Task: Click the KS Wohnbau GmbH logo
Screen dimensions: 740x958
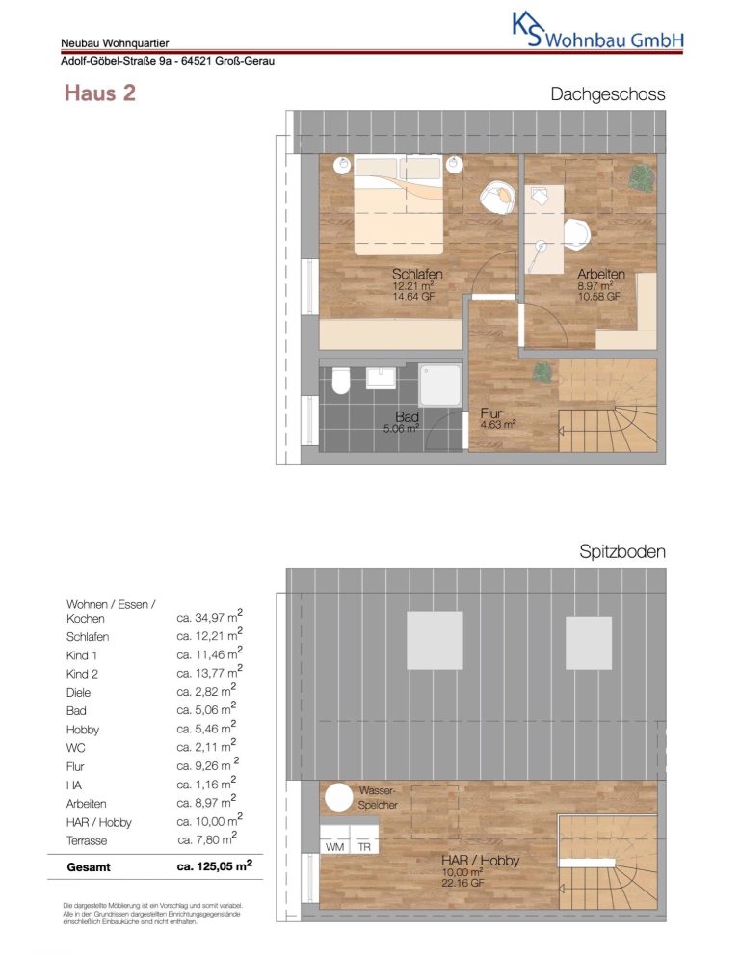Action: [x=597, y=31]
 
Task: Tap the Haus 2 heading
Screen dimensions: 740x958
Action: [x=99, y=93]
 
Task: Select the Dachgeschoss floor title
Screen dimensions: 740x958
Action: [x=607, y=94]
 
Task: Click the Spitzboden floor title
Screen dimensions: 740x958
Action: [x=622, y=551]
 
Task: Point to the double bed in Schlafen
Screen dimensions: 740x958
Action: [x=398, y=204]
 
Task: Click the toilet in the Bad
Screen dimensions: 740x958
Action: [x=340, y=381]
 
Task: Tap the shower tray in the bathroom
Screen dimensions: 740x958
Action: [x=440, y=385]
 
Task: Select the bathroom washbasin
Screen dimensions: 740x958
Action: [x=381, y=377]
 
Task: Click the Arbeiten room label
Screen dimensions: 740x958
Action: [x=600, y=274]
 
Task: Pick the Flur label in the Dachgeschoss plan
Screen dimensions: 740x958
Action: [x=490, y=413]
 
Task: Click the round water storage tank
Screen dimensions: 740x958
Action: [x=338, y=797]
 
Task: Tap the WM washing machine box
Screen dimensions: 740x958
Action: [x=335, y=847]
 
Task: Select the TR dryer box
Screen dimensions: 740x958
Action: [x=364, y=847]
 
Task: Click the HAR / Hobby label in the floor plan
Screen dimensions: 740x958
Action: [x=480, y=861]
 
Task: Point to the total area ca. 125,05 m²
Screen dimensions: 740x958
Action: [x=214, y=865]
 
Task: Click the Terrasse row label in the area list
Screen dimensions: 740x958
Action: [x=87, y=840]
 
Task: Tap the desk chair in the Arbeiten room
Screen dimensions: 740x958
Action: [x=576, y=233]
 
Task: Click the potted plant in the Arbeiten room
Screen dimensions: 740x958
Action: [x=642, y=177]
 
